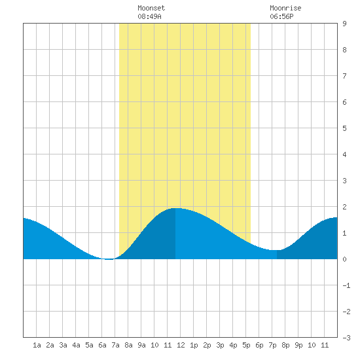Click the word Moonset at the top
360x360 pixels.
click(x=151, y=8)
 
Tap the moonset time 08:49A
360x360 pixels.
click(x=149, y=16)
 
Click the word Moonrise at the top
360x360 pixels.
click(x=285, y=8)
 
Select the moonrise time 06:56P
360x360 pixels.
click(x=281, y=16)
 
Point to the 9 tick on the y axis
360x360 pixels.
click(x=344, y=24)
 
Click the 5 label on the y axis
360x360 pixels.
click(x=344, y=128)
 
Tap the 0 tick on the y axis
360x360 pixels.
click(x=344, y=259)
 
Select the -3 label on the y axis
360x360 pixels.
click(x=346, y=338)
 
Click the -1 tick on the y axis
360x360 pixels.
click(x=346, y=285)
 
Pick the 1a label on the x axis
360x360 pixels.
click(x=37, y=345)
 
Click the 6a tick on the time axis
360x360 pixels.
click(x=102, y=345)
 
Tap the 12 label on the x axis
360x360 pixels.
click(x=181, y=345)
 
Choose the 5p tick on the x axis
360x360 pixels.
click(x=246, y=345)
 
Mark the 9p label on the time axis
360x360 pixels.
click(x=298, y=345)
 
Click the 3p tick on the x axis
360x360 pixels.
click(x=220, y=345)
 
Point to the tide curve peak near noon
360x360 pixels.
click(x=175, y=208)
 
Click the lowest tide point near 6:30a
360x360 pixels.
click(x=109, y=259)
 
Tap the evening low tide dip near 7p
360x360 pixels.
click(x=275, y=250)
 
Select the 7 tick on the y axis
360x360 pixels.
click(x=344, y=76)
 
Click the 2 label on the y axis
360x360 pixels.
click(x=344, y=207)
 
